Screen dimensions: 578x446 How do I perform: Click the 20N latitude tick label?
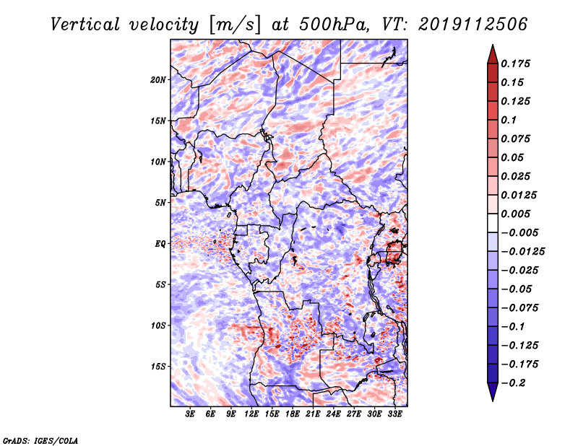click(x=158, y=80)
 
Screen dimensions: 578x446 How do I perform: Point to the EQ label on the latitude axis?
click(x=160, y=244)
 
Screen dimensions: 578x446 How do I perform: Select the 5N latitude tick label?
click(x=160, y=203)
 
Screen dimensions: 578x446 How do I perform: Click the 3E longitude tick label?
click(x=190, y=414)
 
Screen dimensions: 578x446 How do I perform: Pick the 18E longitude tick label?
click(x=293, y=414)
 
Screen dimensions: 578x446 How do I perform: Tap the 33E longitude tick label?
click(x=394, y=414)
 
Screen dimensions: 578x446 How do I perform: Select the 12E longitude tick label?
click(x=251, y=414)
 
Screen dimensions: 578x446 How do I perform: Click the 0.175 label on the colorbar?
click(x=515, y=64)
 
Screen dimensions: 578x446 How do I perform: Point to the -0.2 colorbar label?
click(x=513, y=383)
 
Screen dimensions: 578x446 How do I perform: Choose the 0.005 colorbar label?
click(x=515, y=214)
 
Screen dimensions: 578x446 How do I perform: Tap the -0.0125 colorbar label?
click(x=522, y=252)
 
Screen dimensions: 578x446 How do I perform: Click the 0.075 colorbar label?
click(x=515, y=139)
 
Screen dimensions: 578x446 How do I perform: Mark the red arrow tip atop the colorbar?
click(x=493, y=45)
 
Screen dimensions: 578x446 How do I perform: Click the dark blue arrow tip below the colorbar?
click(x=493, y=401)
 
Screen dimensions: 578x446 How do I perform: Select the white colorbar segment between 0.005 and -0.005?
click(x=493, y=223)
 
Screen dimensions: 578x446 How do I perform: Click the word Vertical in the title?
click(x=85, y=25)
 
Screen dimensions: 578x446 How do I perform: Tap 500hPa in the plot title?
click(x=334, y=25)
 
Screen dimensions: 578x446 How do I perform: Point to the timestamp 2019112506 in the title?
click(x=473, y=25)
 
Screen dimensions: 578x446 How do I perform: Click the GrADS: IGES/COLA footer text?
click(x=40, y=441)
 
